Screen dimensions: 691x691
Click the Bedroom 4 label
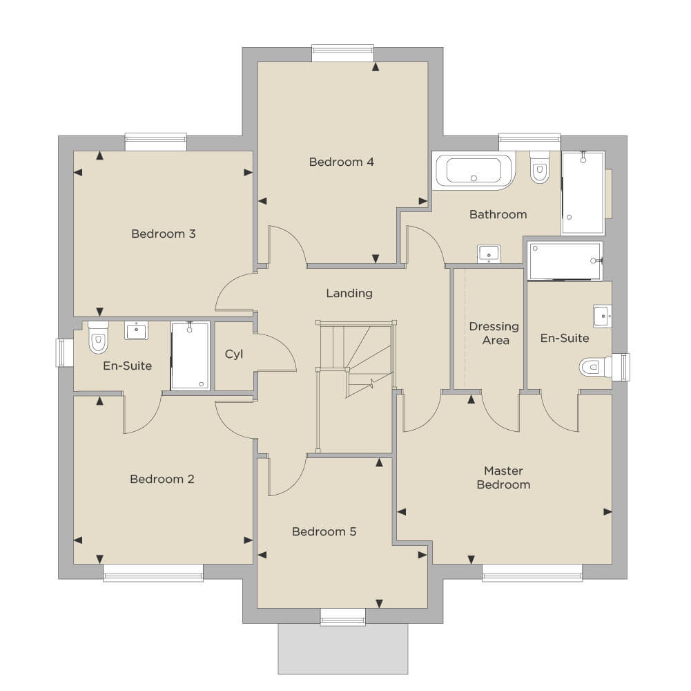(342, 162)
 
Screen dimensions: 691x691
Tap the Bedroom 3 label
(164, 234)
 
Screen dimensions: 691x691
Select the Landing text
(349, 294)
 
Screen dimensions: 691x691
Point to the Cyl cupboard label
(233, 354)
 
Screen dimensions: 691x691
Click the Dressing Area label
(494, 333)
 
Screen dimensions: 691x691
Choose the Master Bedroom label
(503, 477)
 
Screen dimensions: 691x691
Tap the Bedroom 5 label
(324, 531)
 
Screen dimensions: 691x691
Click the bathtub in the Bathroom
(474, 170)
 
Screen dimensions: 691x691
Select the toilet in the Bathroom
(540, 167)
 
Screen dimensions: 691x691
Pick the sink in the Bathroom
(489, 254)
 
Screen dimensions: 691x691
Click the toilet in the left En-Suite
(98, 337)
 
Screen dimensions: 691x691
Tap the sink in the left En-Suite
(136, 330)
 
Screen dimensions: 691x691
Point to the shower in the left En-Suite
(191, 356)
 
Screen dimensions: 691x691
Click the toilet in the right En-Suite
(595, 367)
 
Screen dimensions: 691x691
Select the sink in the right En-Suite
(603, 316)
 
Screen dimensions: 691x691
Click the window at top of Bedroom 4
(343, 53)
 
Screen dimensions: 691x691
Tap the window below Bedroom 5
(343, 617)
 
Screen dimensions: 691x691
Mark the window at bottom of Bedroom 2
(153, 573)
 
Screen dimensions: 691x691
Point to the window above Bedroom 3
(156, 142)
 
